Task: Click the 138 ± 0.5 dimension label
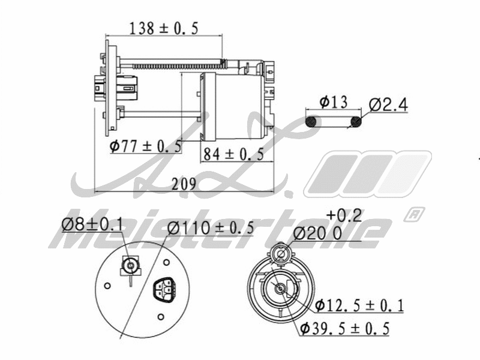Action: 164,28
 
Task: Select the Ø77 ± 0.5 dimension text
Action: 146,146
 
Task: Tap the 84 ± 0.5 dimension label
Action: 233,154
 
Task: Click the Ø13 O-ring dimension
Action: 333,102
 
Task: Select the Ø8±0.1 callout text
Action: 92,225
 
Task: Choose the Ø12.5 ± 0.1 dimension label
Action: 359,305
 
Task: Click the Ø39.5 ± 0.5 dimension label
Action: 344,329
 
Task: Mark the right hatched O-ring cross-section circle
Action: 356,122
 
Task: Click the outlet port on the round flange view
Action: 130,265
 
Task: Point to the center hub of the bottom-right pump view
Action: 280,288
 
